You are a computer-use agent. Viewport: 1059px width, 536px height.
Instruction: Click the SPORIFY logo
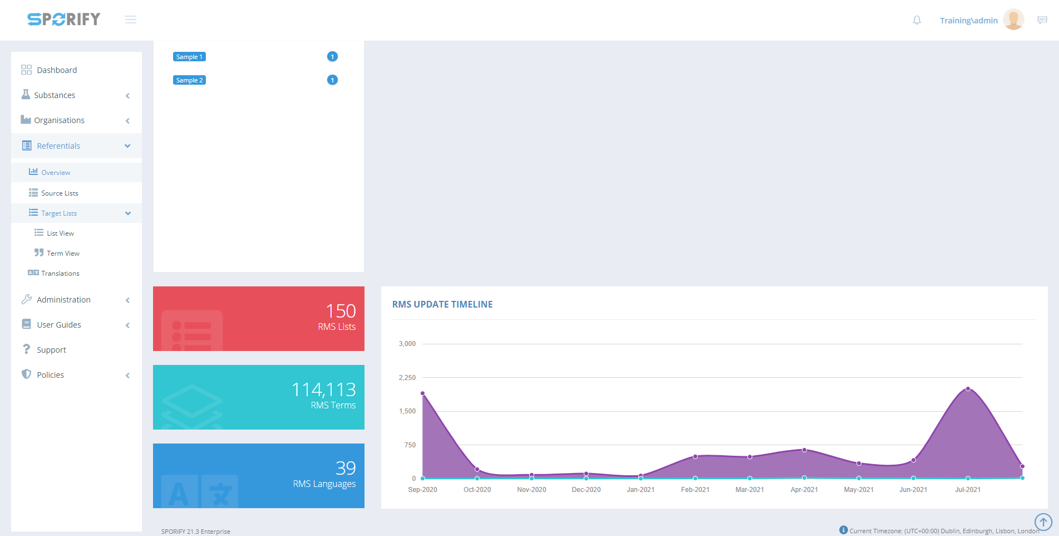coord(64,20)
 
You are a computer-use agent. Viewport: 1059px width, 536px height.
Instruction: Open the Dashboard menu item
coord(57,70)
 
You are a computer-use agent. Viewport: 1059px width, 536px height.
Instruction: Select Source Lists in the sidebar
coord(60,193)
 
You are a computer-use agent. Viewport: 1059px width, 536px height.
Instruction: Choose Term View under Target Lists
coord(63,254)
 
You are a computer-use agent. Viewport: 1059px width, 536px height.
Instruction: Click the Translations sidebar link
coord(60,274)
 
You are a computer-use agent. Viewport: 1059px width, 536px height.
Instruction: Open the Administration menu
coord(63,300)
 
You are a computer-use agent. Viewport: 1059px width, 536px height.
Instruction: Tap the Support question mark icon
coord(26,349)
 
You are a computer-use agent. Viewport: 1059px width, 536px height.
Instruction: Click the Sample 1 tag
coord(189,57)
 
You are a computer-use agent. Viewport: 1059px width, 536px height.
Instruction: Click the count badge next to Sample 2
coord(332,80)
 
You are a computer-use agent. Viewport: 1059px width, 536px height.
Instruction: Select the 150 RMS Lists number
coord(341,311)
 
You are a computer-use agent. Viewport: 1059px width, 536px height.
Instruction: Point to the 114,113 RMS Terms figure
coord(323,389)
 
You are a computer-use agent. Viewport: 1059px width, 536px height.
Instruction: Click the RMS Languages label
coord(324,484)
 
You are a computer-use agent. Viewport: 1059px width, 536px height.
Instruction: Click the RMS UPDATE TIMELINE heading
coord(442,304)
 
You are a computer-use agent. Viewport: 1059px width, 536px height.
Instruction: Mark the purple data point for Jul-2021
coord(968,389)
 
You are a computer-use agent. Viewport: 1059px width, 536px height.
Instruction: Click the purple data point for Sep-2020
coord(423,393)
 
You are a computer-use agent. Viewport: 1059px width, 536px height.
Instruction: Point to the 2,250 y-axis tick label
coord(407,378)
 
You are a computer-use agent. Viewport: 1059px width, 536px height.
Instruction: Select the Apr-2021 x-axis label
coord(804,490)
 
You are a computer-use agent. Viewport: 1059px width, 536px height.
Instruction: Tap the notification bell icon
coord(917,21)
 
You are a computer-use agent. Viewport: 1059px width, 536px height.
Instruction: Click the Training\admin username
coord(968,21)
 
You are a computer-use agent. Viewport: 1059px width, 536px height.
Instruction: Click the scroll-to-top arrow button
coord(1043,522)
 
